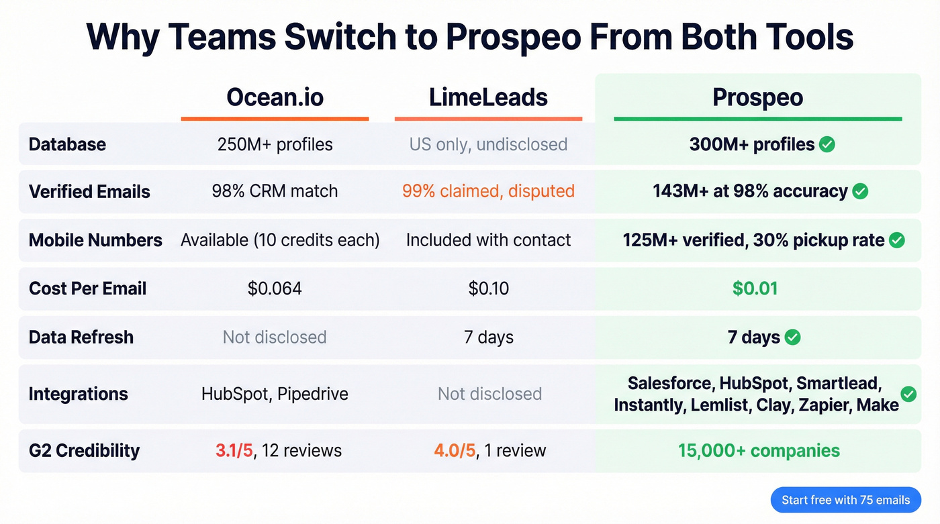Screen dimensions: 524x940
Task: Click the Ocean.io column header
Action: click(x=275, y=97)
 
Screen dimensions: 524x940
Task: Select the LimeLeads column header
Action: click(x=488, y=97)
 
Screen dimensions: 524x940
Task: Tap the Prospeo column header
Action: click(x=757, y=97)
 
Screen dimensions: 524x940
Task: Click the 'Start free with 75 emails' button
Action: click(x=845, y=500)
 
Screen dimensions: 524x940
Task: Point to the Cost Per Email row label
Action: click(x=87, y=289)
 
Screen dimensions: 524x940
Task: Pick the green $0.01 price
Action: click(x=755, y=289)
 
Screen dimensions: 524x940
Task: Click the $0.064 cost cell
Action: click(x=275, y=289)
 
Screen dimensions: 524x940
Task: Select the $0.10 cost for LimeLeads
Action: click(x=488, y=289)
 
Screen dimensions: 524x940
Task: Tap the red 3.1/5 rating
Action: click(x=234, y=450)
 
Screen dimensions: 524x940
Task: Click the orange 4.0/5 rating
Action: click(x=455, y=450)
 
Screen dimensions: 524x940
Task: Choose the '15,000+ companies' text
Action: click(x=759, y=450)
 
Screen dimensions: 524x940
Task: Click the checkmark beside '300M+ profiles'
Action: click(x=827, y=144)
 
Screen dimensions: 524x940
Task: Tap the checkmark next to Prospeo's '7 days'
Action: click(x=793, y=337)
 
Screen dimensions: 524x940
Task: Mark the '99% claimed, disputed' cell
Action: click(x=488, y=191)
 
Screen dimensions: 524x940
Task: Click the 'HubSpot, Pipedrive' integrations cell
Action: click(x=275, y=394)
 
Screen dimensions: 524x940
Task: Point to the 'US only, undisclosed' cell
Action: click(x=488, y=144)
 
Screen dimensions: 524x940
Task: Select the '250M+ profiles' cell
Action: click(x=275, y=144)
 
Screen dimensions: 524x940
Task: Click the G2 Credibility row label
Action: click(x=84, y=450)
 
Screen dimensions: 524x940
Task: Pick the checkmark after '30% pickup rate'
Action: click(x=896, y=240)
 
